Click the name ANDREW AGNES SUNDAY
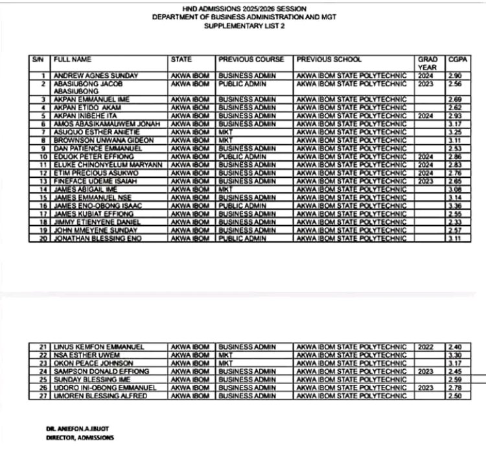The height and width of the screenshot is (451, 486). point(87,76)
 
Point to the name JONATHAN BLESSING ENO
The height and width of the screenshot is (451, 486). point(95,239)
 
